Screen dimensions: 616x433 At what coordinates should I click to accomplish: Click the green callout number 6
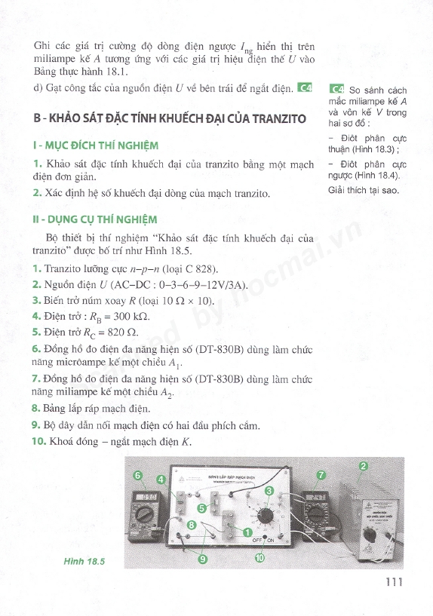pyautogui.click(x=137, y=476)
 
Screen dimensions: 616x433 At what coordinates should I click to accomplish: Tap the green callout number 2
pyautogui.click(x=364, y=467)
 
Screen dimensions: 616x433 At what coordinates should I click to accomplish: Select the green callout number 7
pyautogui.click(x=321, y=475)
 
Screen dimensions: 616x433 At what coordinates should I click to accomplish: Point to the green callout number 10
pyautogui.click(x=259, y=559)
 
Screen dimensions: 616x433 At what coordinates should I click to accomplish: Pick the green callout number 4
pyautogui.click(x=161, y=480)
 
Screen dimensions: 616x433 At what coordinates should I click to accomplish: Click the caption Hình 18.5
pyautogui.click(x=84, y=562)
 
